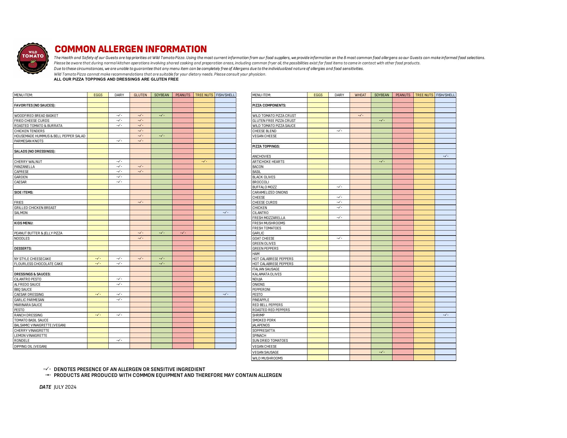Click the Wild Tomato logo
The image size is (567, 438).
pyautogui.click(x=32, y=58)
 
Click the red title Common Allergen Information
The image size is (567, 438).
pyautogui.click(x=131, y=49)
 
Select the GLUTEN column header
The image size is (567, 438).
pyautogui.click(x=140, y=95)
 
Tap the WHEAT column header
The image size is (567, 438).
pyautogui.click(x=360, y=95)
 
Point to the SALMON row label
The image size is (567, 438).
pyautogui.click(x=21, y=213)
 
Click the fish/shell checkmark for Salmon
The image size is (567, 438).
pyautogui.click(x=226, y=213)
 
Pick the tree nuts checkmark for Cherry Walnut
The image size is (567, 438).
pyautogui.click(x=204, y=161)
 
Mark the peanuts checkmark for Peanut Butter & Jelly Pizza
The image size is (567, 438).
pyautogui.click(x=183, y=233)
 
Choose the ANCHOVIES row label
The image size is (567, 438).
pyautogui.click(x=261, y=156)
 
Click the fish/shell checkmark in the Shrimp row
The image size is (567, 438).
pyautogui.click(x=446, y=315)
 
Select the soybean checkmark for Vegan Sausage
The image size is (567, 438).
pyautogui.click(x=382, y=352)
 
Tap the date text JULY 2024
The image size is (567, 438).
pyautogui.click(x=65, y=387)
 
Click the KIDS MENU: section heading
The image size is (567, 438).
pyautogui.click(x=24, y=223)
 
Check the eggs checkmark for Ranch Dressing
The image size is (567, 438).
pyautogui.click(x=98, y=315)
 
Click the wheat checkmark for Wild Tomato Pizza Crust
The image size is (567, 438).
pyautogui.click(x=361, y=115)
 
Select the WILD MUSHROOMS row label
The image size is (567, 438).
pyautogui.click(x=267, y=358)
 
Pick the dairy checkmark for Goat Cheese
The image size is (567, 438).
pyautogui.click(x=339, y=238)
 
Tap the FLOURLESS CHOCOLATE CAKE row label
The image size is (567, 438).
pyautogui.click(x=38, y=264)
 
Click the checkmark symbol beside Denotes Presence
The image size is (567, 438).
pyautogui.click(x=47, y=369)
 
